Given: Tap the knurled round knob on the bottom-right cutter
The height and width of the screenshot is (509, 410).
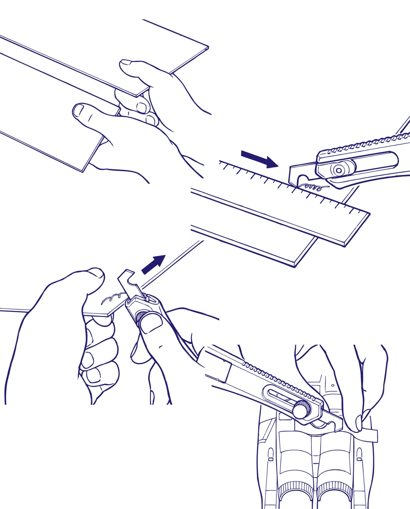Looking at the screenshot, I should coord(300,410).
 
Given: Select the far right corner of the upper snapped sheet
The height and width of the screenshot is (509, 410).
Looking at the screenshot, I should coord(208,47).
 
